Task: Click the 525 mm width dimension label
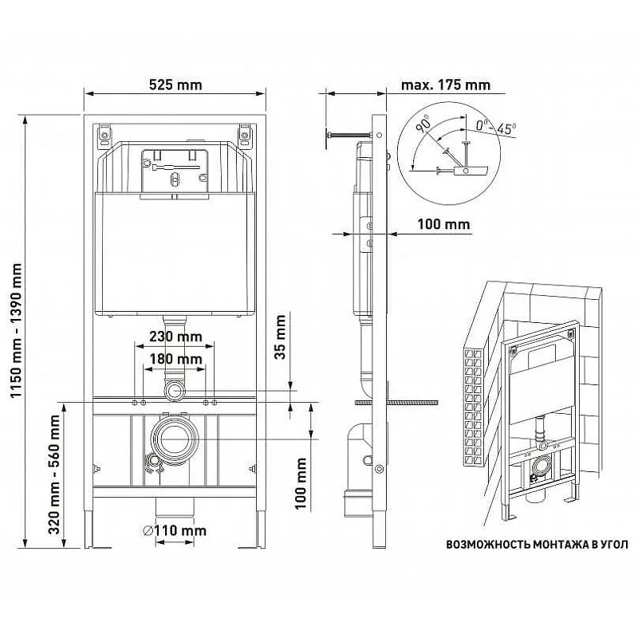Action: [x=175, y=85]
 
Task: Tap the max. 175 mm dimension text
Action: [x=446, y=85]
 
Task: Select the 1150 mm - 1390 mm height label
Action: [x=16, y=330]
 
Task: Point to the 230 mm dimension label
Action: [x=175, y=337]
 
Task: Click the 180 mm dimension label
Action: [x=175, y=359]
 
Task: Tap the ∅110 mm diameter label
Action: [x=175, y=530]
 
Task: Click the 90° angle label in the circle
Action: [x=424, y=124]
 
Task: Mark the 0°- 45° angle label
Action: [x=496, y=128]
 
